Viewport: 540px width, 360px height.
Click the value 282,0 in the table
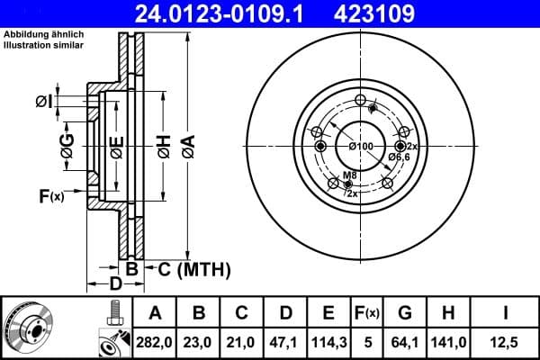point(156,343)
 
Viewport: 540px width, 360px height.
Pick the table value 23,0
point(199,343)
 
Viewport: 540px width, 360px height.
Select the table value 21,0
point(242,343)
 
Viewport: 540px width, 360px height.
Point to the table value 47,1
point(285,343)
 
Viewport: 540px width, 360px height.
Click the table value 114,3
point(328,343)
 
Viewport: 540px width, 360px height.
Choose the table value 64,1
point(404,343)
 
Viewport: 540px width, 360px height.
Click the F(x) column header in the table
point(366,313)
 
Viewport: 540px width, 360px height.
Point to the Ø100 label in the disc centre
point(360,146)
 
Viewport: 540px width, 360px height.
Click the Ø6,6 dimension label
point(400,157)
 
